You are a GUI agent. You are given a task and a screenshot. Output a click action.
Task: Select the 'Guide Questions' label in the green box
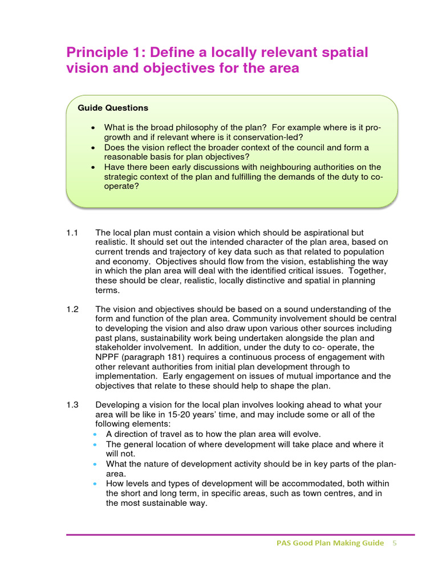[x=112, y=108]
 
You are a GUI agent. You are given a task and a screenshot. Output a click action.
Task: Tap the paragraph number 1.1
[x=71, y=233]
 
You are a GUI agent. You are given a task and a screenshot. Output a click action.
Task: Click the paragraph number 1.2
[x=71, y=310]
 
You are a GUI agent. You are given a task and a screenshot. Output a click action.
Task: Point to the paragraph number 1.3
[x=71, y=405]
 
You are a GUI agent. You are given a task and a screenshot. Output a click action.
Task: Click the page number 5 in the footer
[x=394, y=543]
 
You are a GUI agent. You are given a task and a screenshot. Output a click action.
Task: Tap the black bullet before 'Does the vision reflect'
[x=94, y=148]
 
